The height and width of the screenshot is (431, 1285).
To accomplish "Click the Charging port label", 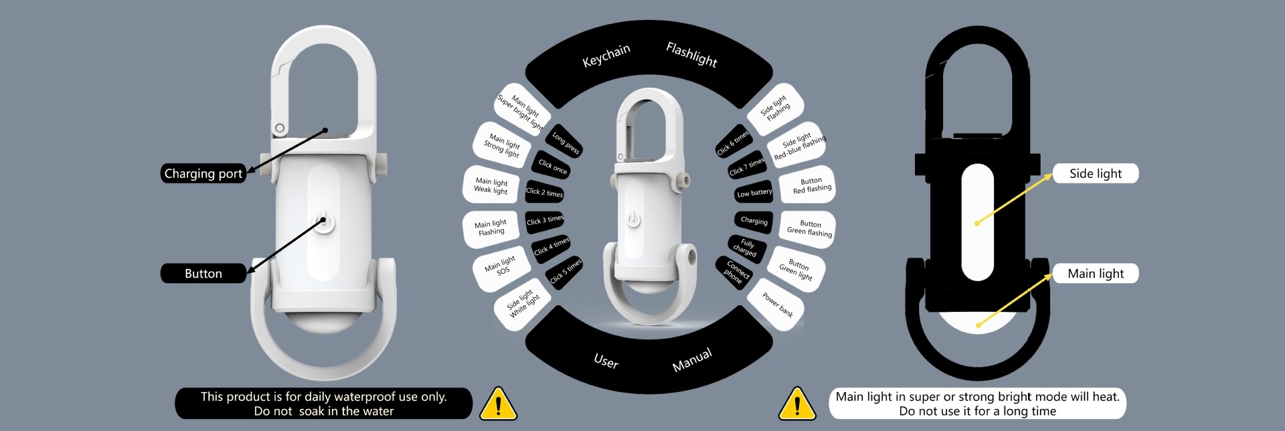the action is point(203,173).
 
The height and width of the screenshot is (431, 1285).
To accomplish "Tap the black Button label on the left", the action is point(203,273).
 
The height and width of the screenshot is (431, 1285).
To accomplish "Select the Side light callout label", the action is point(1095,173).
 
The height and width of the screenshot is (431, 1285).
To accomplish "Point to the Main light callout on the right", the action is point(1095,273).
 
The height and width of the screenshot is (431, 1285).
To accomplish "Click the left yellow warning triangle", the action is point(498,404).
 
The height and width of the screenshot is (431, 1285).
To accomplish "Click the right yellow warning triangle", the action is point(796,404).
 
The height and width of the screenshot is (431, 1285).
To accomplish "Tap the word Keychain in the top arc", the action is point(606,56).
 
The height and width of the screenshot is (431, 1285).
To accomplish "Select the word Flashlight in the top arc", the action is point(691,54).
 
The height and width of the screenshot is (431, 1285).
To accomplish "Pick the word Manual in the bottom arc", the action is point(691,360).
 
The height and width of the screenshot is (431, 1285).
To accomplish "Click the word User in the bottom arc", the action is point(606,361).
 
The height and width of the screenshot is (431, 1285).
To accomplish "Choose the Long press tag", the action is point(566,142).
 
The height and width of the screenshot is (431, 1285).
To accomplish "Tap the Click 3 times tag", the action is point(545,220).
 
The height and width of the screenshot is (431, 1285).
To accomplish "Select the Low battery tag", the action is point(754,193).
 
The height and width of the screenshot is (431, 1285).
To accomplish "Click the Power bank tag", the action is point(777,305).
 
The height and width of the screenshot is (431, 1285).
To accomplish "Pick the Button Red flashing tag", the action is point(811,185).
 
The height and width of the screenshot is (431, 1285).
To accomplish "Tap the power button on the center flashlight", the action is point(633,219).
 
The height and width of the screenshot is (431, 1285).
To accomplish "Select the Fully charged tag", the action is point(746,247).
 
